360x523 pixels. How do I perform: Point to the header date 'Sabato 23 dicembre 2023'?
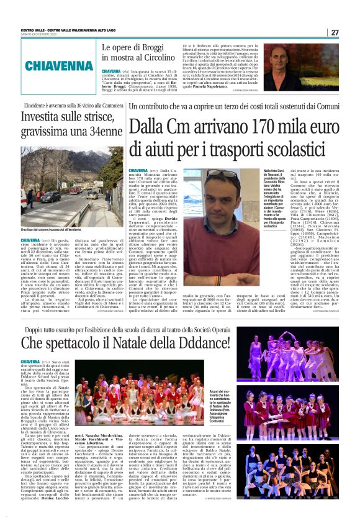[x=38, y=35]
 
